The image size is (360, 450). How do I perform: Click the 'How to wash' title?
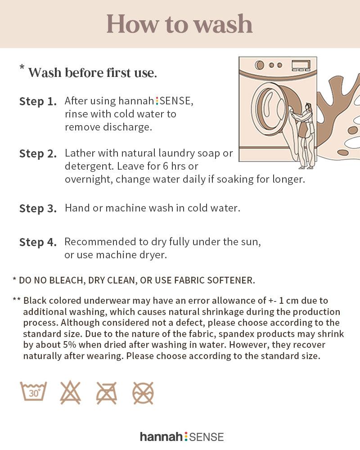[180, 24]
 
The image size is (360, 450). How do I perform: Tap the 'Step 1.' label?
[38, 101]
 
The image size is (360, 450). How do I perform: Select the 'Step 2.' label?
[38, 153]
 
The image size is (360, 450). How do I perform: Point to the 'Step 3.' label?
[38, 208]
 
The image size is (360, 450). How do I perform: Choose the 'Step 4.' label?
[38, 242]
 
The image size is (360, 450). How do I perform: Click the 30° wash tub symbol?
[33, 391]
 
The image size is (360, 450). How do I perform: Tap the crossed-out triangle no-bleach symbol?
[70, 392]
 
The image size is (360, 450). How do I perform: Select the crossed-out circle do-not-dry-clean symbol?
[143, 393]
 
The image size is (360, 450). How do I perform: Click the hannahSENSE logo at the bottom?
[182, 437]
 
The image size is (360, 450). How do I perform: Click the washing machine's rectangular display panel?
[301, 65]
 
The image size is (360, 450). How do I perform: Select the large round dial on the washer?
[260, 65]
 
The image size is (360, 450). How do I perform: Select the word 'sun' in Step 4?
[251, 242]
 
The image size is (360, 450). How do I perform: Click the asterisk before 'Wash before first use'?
[22, 67]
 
